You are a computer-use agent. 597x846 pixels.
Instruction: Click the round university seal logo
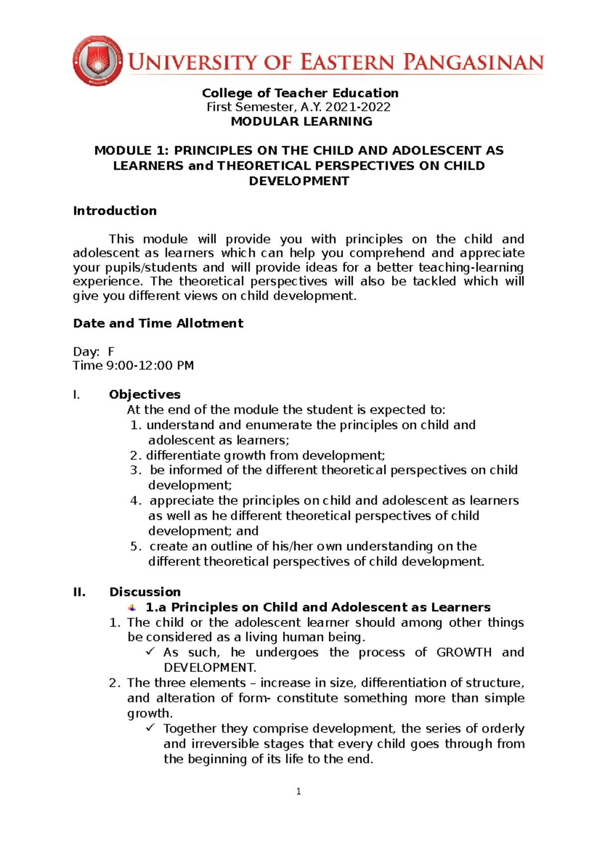click(97, 61)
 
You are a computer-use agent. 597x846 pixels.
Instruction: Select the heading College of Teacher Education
click(300, 93)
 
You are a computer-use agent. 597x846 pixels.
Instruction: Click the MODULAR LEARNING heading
click(301, 121)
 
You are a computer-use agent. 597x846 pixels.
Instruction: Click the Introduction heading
click(115, 211)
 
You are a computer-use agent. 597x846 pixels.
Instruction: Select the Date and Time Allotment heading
click(158, 323)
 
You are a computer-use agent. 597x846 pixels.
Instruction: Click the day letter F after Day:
click(111, 352)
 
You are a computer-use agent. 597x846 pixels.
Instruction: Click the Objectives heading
click(145, 394)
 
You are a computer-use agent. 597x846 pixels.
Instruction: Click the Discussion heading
click(145, 592)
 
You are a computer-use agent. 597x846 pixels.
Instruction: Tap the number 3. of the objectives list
click(136, 470)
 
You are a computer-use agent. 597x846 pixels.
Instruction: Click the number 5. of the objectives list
click(136, 546)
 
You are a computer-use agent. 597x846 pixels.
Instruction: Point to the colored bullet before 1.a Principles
click(132, 607)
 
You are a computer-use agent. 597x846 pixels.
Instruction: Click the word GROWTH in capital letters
click(464, 652)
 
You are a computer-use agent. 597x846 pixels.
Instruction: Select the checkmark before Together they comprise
click(150, 728)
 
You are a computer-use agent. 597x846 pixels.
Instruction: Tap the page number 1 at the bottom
click(298, 791)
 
